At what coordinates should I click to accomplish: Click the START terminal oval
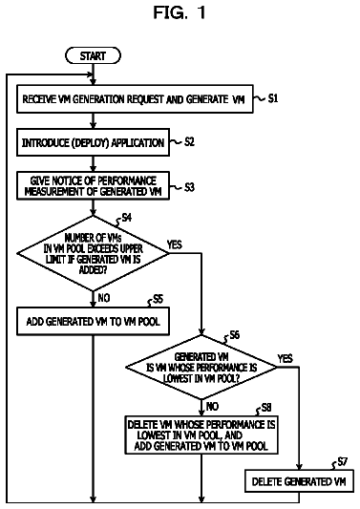(x=93, y=55)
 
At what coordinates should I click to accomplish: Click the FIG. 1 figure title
(x=180, y=12)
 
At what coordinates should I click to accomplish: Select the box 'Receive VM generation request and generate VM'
(x=135, y=99)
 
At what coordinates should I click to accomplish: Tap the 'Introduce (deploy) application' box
(x=93, y=142)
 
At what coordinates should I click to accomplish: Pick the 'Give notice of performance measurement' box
(x=93, y=186)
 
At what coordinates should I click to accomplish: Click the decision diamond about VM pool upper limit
(x=93, y=253)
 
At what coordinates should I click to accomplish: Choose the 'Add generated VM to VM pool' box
(x=93, y=322)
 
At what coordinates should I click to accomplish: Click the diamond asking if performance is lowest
(x=201, y=367)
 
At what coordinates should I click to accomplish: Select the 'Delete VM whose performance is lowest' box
(x=201, y=435)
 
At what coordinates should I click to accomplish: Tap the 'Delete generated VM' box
(x=299, y=481)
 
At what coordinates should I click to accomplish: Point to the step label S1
(x=273, y=98)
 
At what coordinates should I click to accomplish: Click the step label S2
(x=190, y=142)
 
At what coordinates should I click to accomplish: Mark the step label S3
(x=190, y=187)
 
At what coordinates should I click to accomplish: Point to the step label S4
(x=127, y=218)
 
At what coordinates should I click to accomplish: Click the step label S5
(x=159, y=299)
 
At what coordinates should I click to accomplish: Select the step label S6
(x=234, y=334)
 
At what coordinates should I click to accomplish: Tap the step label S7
(x=343, y=461)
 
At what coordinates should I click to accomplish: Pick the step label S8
(x=266, y=408)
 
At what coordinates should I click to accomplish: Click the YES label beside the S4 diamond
(x=175, y=244)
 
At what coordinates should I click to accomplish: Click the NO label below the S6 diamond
(x=212, y=406)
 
